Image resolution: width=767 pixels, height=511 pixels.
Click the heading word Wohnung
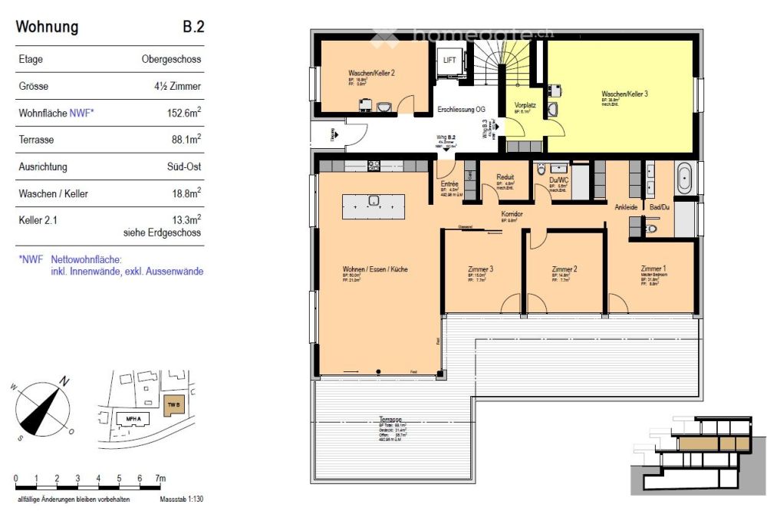(x=47, y=28)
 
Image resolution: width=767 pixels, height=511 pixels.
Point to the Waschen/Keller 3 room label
(x=624, y=94)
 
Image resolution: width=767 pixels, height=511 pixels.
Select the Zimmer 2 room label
(x=564, y=269)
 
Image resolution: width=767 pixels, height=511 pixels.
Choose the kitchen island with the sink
(x=374, y=203)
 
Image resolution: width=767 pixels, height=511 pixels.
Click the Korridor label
(x=512, y=214)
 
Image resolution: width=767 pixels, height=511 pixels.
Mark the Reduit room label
(x=505, y=177)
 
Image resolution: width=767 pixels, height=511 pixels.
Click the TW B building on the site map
(x=173, y=404)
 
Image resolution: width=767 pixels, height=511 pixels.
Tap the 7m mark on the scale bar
(x=160, y=479)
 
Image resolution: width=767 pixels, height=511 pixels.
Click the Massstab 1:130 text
(x=182, y=499)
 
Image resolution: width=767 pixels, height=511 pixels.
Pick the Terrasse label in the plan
(x=390, y=420)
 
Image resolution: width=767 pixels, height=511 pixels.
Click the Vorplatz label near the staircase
(x=525, y=104)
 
